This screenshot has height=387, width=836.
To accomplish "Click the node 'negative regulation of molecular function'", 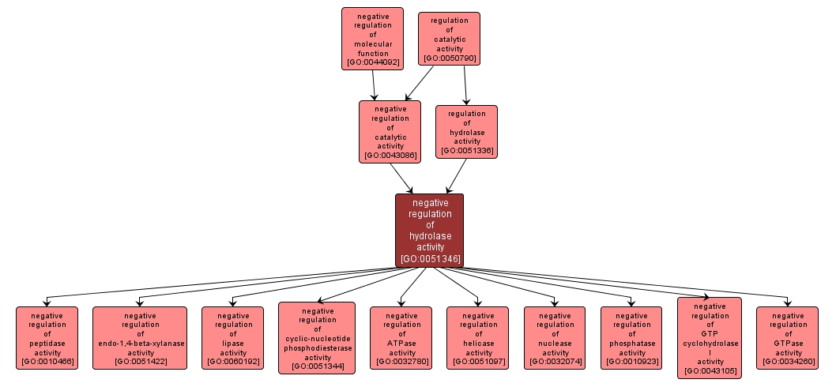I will (x=372, y=38).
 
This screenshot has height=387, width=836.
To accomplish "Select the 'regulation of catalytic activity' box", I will (x=449, y=38).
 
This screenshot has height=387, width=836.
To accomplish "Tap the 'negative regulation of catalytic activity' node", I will (x=390, y=131).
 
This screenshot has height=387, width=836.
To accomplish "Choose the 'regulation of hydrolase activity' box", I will (x=466, y=131).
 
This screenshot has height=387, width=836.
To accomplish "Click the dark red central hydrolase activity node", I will (x=429, y=230).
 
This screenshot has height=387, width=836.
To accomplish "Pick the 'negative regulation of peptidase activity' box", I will (x=47, y=338).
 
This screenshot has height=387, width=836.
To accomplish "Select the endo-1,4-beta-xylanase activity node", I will (x=140, y=338).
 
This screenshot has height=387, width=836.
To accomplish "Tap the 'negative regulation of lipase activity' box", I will (x=232, y=338).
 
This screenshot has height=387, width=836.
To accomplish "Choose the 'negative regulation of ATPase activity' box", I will (x=401, y=338).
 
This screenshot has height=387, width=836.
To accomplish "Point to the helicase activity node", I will (x=477, y=338).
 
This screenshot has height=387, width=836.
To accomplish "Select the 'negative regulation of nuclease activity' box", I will (x=555, y=338).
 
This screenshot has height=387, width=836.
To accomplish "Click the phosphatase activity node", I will (x=631, y=338).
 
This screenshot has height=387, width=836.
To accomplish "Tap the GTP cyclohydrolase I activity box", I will (x=710, y=338).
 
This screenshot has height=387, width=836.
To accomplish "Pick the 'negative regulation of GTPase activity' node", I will (x=787, y=338).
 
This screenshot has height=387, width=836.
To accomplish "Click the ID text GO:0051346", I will (x=430, y=258).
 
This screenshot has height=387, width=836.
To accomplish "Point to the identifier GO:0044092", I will (x=372, y=62).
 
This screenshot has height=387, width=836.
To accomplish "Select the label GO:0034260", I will (x=787, y=363).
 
